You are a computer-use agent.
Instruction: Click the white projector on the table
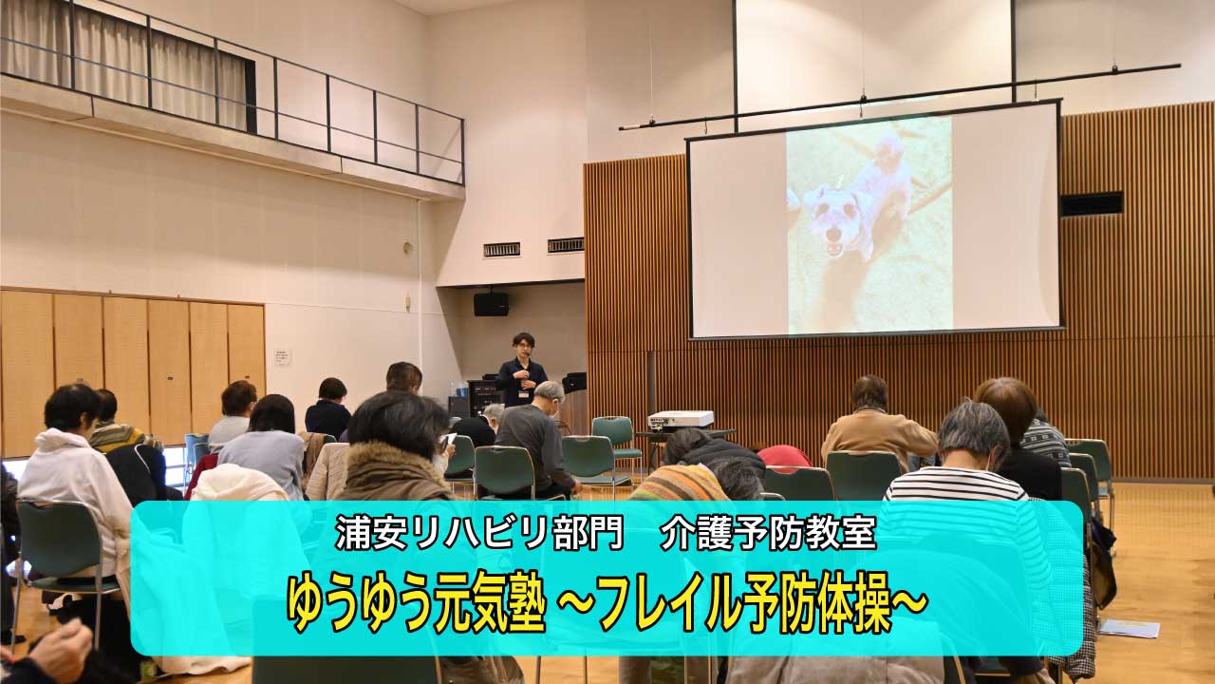(681, 419)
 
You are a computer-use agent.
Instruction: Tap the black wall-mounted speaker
(491, 304)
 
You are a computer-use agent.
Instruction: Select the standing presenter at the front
(520, 370)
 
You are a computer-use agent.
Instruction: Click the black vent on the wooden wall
(1092, 203)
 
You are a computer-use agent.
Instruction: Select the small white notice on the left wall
(283, 357)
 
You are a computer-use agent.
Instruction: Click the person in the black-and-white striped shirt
(959, 475)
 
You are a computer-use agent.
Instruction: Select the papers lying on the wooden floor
(1129, 628)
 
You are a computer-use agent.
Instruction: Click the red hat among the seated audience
(784, 457)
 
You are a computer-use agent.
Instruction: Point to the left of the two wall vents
(501, 250)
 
